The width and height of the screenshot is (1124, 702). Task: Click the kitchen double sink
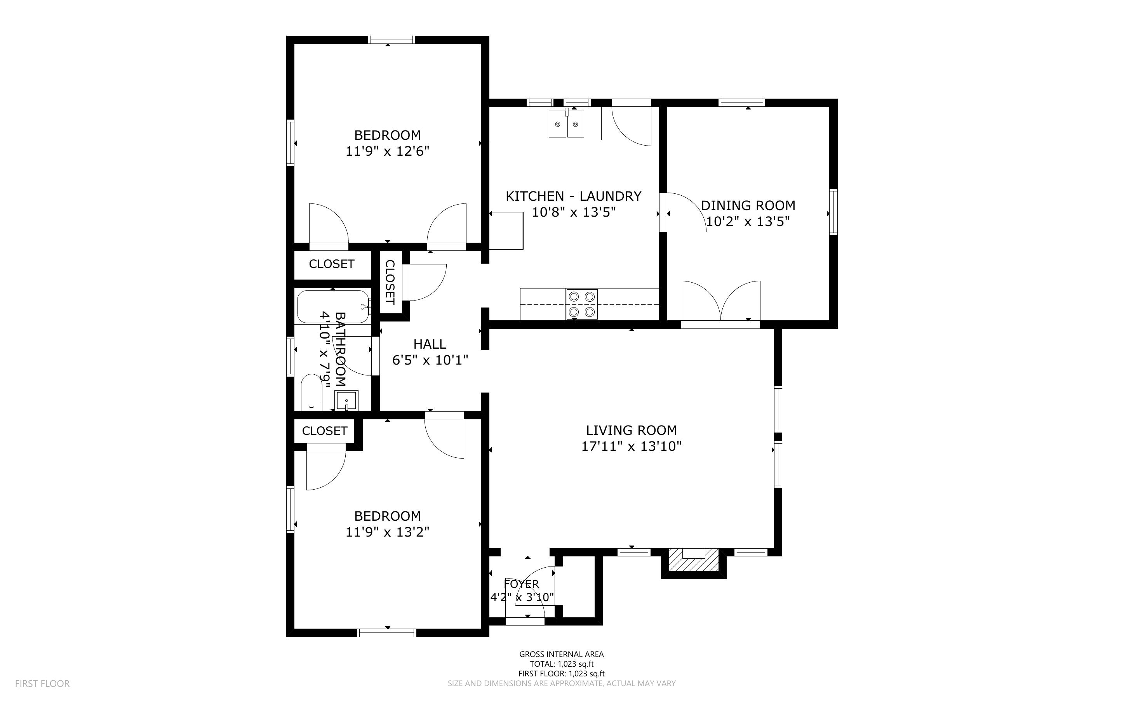[566, 124]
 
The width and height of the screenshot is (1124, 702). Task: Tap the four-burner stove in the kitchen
[582, 304]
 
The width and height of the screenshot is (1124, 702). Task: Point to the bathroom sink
[346, 400]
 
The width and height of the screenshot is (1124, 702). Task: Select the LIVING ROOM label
[631, 430]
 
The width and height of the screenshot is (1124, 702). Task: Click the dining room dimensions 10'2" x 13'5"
[748, 221]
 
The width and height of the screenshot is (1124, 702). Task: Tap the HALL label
[430, 344]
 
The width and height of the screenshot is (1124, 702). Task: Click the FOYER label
[521, 584]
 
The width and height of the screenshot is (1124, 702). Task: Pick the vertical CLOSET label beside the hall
[390, 282]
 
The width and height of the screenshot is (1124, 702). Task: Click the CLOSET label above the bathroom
[331, 264]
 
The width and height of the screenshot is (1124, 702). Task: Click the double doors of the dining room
[720, 302]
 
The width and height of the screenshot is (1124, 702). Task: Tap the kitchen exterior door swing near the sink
[632, 125]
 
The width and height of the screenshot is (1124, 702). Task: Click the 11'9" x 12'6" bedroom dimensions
[387, 151]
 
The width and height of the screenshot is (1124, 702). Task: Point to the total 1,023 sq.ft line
[561, 664]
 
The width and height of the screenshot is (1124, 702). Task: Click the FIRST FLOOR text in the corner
[42, 683]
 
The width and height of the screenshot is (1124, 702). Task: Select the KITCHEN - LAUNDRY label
[573, 196]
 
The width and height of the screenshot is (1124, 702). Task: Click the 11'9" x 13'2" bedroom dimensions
[387, 532]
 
